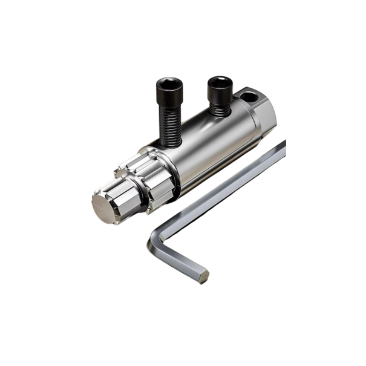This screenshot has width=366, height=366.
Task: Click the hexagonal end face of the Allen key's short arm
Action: pos(203,276)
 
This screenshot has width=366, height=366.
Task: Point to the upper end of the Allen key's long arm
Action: pos(281,146)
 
